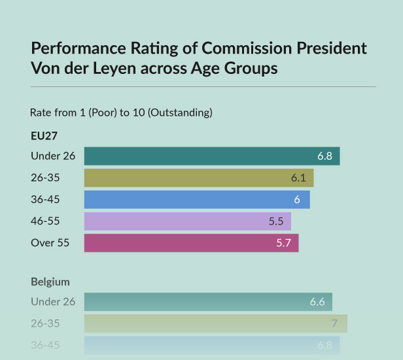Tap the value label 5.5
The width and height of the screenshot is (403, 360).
click(x=275, y=221)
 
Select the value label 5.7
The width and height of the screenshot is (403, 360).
click(x=283, y=243)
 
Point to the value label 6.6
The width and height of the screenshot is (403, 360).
click(x=317, y=302)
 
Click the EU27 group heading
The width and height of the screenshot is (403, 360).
click(x=42, y=135)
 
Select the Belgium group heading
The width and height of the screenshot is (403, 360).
click(x=50, y=282)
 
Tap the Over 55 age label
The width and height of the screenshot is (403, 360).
click(x=50, y=243)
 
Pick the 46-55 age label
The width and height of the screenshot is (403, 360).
click(x=45, y=221)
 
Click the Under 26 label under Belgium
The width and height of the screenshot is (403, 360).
click(x=53, y=302)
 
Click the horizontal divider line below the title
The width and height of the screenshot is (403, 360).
click(x=203, y=86)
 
